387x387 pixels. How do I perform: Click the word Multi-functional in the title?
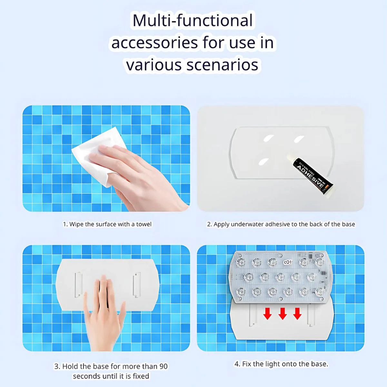(x=193, y=21)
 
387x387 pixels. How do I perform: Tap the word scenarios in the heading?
(x=222, y=65)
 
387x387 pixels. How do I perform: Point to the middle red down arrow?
(x=283, y=313)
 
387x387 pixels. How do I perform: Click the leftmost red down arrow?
(x=267, y=313)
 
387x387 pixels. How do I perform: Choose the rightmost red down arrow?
(x=297, y=313)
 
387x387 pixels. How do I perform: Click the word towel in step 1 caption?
(x=144, y=224)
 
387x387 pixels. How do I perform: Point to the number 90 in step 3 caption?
(x=164, y=366)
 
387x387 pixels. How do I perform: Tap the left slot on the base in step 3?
(x=78, y=284)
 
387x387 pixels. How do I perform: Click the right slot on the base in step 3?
(x=136, y=284)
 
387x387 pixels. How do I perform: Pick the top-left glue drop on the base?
(x=269, y=138)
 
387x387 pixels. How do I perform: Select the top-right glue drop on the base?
(x=299, y=139)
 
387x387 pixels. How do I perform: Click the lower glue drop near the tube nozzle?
(x=263, y=162)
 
